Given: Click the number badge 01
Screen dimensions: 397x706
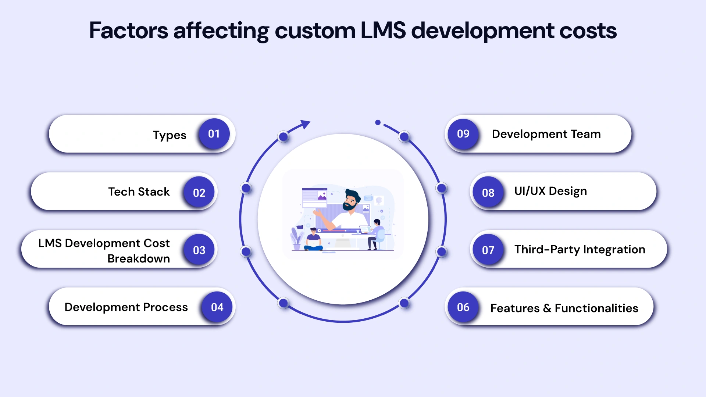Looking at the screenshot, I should point(214,134).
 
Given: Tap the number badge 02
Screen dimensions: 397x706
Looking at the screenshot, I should point(199,192).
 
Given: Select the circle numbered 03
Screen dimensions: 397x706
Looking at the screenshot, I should point(199,250).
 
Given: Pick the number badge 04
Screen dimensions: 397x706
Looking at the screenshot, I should point(217,307).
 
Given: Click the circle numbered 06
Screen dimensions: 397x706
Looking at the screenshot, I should point(463,307).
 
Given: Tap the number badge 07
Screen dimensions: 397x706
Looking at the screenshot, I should point(488,250).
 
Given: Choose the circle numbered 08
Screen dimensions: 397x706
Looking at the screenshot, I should point(488,192).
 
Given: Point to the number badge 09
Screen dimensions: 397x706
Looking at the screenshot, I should point(463,134).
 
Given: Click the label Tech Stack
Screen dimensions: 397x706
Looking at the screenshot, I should point(139,192).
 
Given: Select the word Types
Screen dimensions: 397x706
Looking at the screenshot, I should point(170,135).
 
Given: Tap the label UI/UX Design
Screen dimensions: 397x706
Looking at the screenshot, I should point(550,191).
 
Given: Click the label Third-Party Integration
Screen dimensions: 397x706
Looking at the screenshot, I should point(580,250).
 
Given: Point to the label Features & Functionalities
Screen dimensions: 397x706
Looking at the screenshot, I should point(564,308).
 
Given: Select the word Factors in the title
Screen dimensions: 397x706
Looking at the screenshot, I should point(128,31).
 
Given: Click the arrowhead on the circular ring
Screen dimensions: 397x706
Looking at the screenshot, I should point(305,124).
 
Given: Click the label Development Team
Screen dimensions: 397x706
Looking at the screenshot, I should point(546,134).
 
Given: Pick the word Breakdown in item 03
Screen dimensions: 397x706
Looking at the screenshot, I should point(139,258).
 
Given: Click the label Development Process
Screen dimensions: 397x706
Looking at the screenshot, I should point(126,307).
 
